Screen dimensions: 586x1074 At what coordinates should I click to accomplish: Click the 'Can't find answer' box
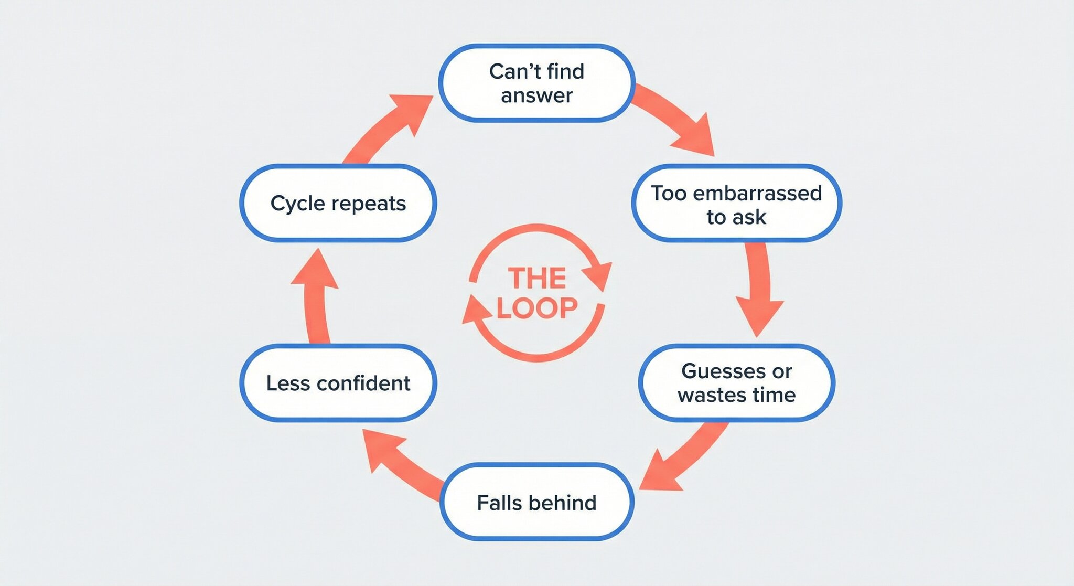pos(536,83)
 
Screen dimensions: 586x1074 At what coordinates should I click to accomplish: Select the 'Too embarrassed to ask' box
pos(736,204)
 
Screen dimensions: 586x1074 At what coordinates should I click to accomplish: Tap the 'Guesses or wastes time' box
pos(736,382)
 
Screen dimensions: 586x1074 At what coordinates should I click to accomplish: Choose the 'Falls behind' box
pos(536,502)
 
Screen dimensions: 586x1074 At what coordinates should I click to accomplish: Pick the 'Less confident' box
pos(338,382)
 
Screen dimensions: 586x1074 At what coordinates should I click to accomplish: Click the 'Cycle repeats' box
pos(338,203)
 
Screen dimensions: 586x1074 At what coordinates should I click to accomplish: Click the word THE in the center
pos(537,278)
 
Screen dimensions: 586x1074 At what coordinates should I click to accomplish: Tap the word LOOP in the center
pos(537,308)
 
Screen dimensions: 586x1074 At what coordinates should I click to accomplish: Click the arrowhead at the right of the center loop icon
pos(598,274)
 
